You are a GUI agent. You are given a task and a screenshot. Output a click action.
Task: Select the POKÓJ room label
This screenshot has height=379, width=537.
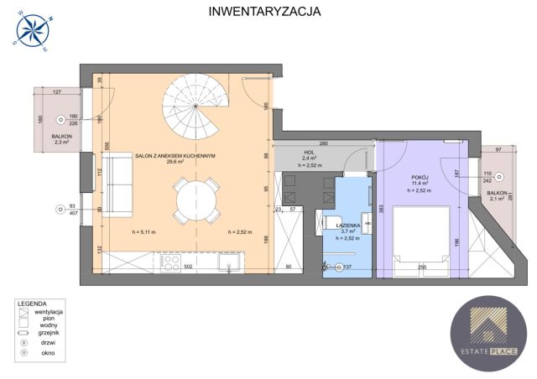[421, 178]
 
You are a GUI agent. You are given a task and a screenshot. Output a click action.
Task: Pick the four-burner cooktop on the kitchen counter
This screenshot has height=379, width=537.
[169, 262]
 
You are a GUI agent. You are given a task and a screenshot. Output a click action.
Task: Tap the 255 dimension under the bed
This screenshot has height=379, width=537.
[421, 268]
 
